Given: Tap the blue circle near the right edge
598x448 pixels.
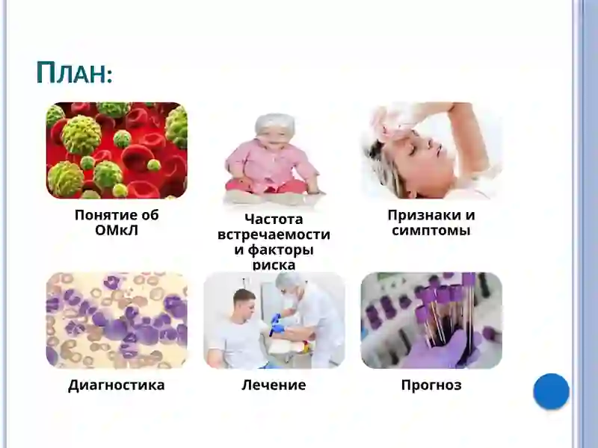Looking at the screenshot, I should pyautogui.click(x=551, y=391).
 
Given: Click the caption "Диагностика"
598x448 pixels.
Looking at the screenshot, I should pyautogui.click(x=116, y=385).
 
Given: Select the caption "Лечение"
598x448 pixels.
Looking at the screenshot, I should pyautogui.click(x=274, y=385).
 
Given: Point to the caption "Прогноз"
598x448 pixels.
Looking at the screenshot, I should pyautogui.click(x=431, y=385).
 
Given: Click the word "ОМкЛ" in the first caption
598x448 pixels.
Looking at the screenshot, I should pyautogui.click(x=117, y=231).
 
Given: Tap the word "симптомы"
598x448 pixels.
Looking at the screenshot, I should pyautogui.click(x=431, y=231).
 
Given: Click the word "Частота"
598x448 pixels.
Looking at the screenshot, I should pyautogui.click(x=274, y=220).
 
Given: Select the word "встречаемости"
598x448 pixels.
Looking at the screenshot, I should pyautogui.click(x=274, y=234).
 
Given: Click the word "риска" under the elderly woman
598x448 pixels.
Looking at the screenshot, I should pyautogui.click(x=274, y=264).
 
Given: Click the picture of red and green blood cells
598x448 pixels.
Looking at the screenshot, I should pyautogui.click(x=117, y=150).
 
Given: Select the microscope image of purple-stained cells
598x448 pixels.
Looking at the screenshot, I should pyautogui.click(x=117, y=320).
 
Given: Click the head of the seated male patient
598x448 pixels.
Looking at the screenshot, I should pyautogui.click(x=244, y=302).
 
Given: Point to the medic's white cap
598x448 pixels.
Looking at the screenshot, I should pyautogui.click(x=290, y=280).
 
